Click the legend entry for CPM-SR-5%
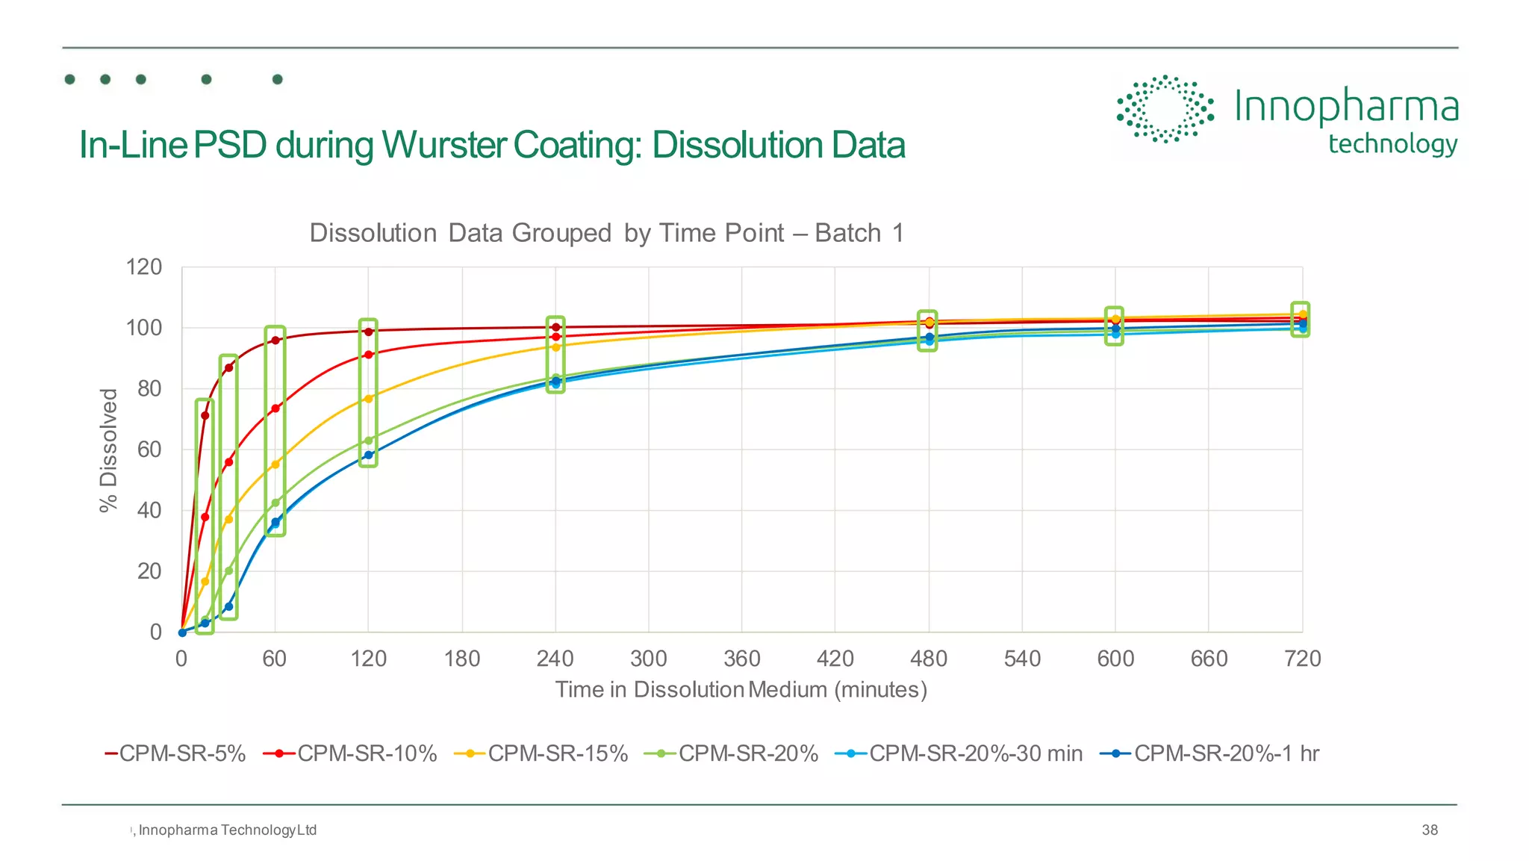point(176,753)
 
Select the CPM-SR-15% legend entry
point(542,753)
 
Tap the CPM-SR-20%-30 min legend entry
point(960,753)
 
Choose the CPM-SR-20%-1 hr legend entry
point(1211,753)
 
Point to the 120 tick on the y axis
point(144,267)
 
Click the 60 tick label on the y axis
point(149,450)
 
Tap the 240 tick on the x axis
point(555,659)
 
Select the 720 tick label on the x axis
point(1302,659)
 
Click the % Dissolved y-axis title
point(109,450)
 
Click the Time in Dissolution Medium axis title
point(741,689)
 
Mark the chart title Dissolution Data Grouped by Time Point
point(606,233)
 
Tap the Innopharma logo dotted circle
point(1164,109)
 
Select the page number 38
point(1429,830)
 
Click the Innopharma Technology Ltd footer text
point(227,830)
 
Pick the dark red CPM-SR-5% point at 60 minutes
point(275,341)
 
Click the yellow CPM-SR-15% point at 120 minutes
point(368,399)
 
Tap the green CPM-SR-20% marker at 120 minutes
point(368,441)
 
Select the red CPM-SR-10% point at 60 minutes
point(275,408)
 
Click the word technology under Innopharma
point(1392,143)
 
